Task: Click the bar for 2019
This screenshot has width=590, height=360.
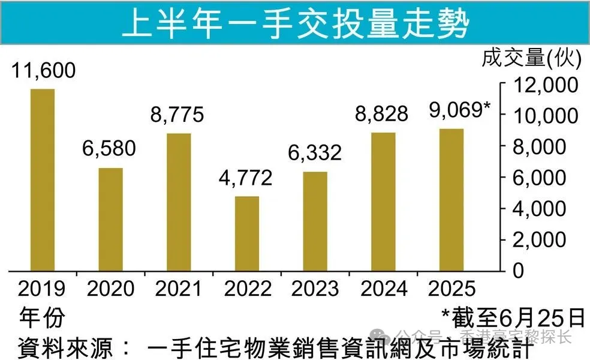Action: (x=43, y=180)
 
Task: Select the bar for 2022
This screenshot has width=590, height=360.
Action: (x=247, y=233)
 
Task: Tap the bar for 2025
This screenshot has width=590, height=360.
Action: (x=451, y=200)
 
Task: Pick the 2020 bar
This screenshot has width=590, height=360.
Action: (x=110, y=220)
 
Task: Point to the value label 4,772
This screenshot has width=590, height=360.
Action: (x=246, y=178)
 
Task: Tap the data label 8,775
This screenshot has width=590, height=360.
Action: (x=178, y=114)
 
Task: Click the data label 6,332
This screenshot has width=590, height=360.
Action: (x=315, y=152)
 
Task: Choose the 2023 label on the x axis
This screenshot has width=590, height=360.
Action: (x=315, y=289)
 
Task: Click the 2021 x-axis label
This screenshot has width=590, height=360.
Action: (x=178, y=289)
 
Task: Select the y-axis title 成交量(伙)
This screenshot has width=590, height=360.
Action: (x=532, y=58)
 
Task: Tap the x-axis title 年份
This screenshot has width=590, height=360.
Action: (x=42, y=316)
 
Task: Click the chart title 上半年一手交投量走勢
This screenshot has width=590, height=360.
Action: (x=295, y=24)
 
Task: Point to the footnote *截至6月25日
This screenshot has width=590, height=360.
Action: (x=513, y=315)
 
